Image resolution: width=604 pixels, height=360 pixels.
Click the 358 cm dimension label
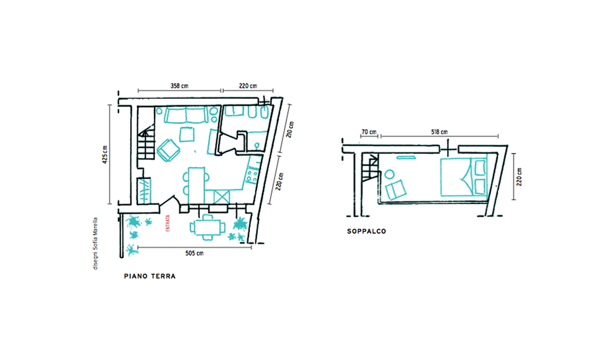click(x=180, y=86)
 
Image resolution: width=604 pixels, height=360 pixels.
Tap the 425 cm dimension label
click(x=105, y=155)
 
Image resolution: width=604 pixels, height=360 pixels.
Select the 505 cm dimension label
click(x=194, y=254)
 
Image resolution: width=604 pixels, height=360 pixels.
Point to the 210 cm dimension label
click(x=290, y=130)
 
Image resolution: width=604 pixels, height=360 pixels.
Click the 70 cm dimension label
click(x=369, y=132)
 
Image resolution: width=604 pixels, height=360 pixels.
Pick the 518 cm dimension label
click(x=439, y=132)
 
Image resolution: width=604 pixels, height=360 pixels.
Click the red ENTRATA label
click(x=167, y=223)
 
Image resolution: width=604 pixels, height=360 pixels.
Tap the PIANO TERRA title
click(x=150, y=276)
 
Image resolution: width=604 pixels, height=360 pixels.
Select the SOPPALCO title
click(x=367, y=231)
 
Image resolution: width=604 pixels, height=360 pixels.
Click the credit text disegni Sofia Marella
click(x=95, y=244)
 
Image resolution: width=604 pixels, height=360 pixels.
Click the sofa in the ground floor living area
click(x=185, y=115)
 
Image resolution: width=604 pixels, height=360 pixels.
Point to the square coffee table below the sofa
click(x=187, y=134)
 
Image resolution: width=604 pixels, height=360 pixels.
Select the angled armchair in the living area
click(x=168, y=150)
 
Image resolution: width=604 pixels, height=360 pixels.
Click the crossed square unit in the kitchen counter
click(x=222, y=197)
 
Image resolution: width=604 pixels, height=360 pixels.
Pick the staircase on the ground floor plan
click(x=146, y=142)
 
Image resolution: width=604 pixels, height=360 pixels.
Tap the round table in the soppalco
click(x=389, y=174)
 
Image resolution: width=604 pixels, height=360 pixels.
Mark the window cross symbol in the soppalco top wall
click(x=448, y=149)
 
